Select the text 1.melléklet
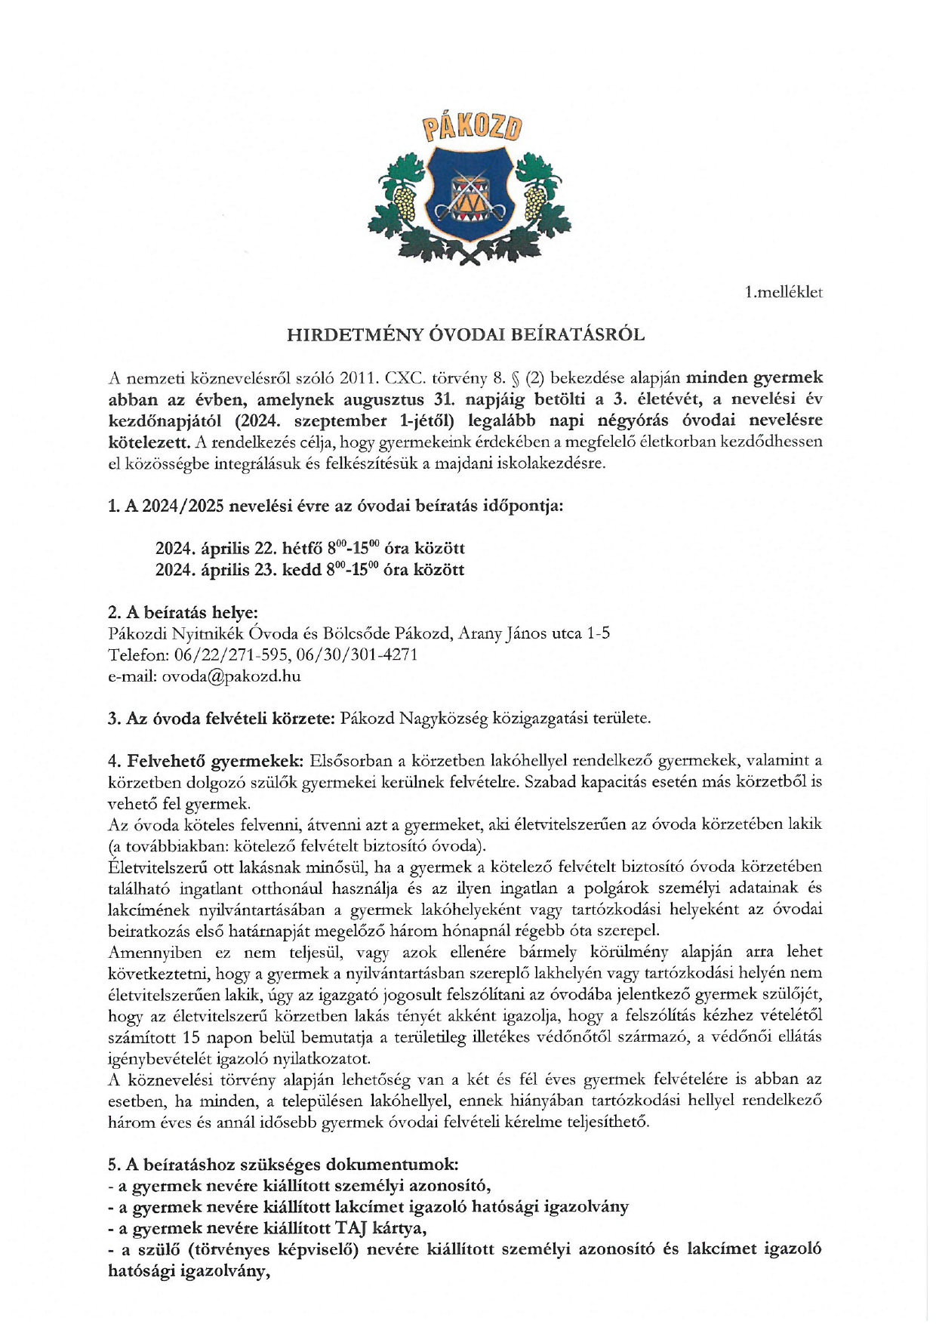[783, 292]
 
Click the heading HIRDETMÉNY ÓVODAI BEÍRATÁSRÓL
[466, 335]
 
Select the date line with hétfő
[309, 548]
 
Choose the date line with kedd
[309, 570]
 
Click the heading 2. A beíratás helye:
[183, 612]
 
